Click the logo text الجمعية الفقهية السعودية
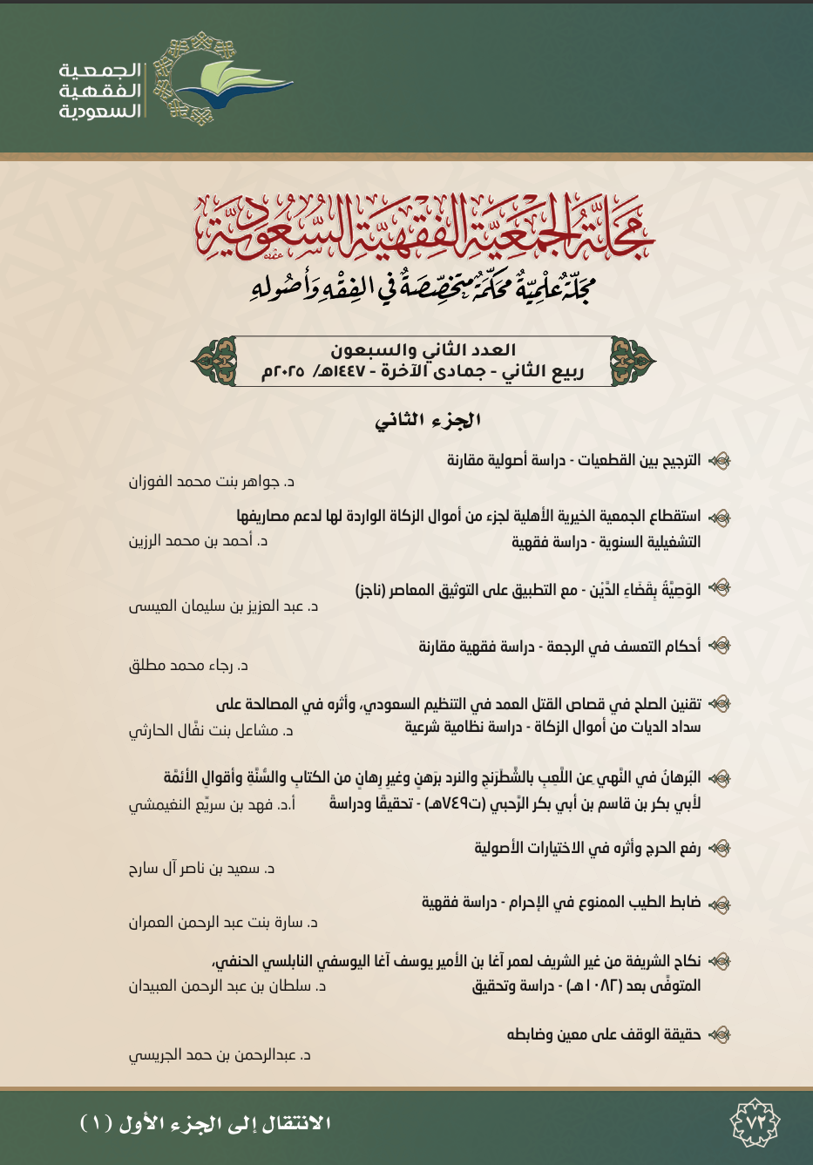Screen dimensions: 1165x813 click(x=100, y=90)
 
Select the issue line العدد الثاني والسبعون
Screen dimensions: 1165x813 click(x=423, y=350)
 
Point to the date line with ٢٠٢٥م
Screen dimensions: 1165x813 click(x=423, y=372)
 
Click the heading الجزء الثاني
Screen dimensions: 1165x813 click(x=428, y=420)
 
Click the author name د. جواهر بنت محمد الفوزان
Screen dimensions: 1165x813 click(x=212, y=482)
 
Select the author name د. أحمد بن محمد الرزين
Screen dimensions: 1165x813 click(x=199, y=541)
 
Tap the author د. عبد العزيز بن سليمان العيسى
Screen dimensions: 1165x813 click(x=224, y=606)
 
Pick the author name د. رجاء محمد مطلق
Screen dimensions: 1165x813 click(x=189, y=667)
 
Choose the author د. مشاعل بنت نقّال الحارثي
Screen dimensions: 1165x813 click(x=211, y=731)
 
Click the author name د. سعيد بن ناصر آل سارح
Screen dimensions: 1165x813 click(x=202, y=869)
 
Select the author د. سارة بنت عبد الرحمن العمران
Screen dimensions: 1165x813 click(x=224, y=923)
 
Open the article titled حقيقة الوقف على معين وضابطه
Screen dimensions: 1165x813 click(x=604, y=1035)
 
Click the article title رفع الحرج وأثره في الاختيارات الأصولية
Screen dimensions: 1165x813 click(x=587, y=848)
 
